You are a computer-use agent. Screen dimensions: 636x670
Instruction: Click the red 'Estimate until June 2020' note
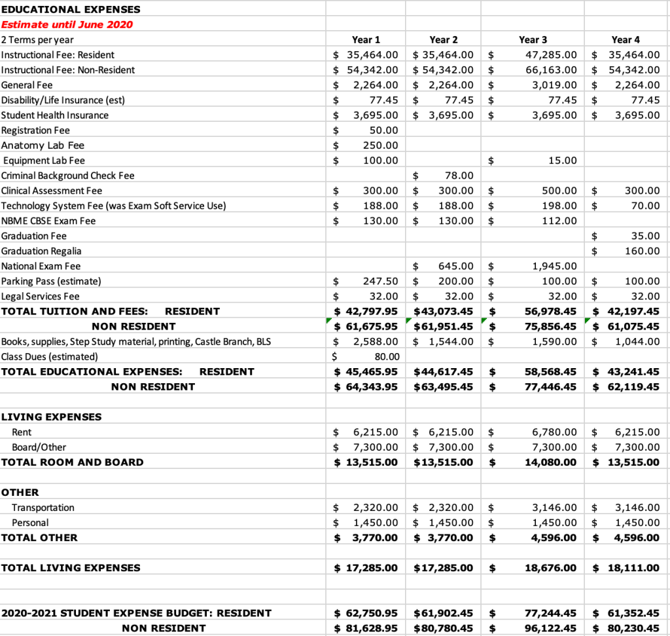(67, 25)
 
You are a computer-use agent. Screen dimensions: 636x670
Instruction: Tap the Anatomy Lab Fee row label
(43, 145)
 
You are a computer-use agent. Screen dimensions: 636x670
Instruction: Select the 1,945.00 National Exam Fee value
(555, 266)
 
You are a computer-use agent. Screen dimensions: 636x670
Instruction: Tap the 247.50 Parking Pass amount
(380, 281)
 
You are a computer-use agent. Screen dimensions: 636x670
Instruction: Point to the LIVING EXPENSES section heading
(51, 417)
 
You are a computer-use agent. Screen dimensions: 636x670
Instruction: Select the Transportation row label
(43, 508)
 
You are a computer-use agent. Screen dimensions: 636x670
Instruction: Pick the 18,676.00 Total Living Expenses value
(551, 568)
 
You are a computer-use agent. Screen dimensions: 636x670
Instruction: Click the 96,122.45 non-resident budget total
(551, 628)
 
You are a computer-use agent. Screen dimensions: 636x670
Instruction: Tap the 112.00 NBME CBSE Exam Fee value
(561, 221)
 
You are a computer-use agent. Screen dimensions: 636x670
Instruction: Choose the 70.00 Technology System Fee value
(647, 206)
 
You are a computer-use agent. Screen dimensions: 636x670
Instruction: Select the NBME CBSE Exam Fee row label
(48, 221)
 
